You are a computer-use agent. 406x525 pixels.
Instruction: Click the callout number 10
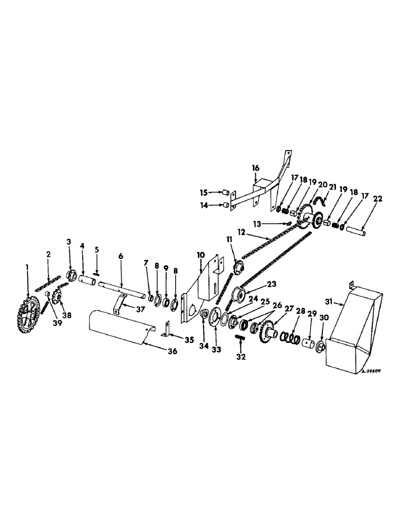pyautogui.click(x=201, y=254)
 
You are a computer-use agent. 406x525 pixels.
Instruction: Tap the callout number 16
pyautogui.click(x=256, y=167)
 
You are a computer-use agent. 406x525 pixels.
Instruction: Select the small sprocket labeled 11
pyautogui.click(x=238, y=266)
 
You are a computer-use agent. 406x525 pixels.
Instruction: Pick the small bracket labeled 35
pyautogui.click(x=166, y=328)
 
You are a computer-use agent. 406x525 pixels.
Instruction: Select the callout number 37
pyautogui.click(x=139, y=309)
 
